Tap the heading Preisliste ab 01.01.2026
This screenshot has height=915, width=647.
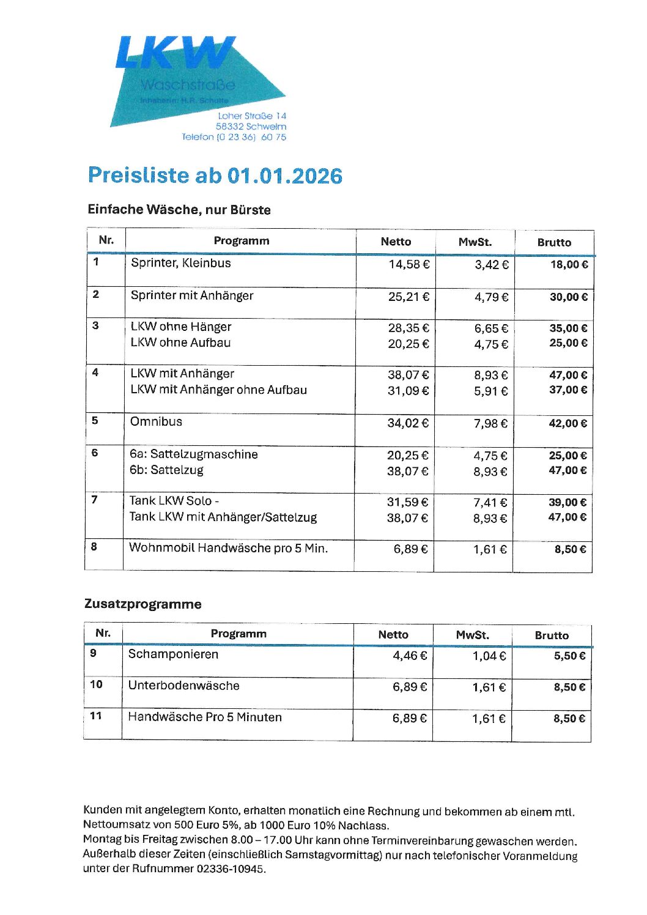click(x=215, y=176)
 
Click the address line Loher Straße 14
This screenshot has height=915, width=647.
click(x=252, y=116)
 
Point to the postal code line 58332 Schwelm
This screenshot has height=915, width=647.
click(x=251, y=126)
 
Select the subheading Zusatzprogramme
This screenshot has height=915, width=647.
click(x=142, y=604)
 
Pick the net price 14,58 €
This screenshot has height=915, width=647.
click(x=409, y=264)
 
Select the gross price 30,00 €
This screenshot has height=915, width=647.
click(x=568, y=297)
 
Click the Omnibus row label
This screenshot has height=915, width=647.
click(x=156, y=421)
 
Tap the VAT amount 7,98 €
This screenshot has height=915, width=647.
click(x=490, y=423)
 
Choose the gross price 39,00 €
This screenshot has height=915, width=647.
click(x=568, y=502)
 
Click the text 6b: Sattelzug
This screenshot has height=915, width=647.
click(x=166, y=470)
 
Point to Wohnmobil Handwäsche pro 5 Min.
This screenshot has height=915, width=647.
click(x=228, y=548)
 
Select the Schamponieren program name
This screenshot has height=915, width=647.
click(x=173, y=654)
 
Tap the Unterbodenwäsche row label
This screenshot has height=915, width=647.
click(x=183, y=686)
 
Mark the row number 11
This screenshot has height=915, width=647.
click(x=95, y=716)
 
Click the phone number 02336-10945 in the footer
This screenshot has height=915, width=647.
click(x=231, y=869)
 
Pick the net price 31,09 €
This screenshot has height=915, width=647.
click(x=408, y=390)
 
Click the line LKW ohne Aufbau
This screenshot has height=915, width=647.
click(x=180, y=343)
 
